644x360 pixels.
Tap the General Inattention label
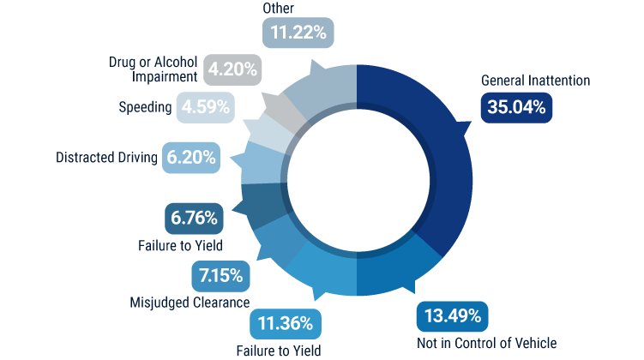[536, 81]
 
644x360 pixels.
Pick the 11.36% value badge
[286, 325]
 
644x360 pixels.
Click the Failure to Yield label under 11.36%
[279, 350]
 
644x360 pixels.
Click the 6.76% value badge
[195, 219]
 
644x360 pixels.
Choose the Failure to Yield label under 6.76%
[181, 246]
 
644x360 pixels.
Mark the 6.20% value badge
[192, 158]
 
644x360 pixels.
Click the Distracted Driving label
[106, 158]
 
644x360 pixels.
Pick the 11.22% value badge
[298, 33]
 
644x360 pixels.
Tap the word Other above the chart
[278, 9]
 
